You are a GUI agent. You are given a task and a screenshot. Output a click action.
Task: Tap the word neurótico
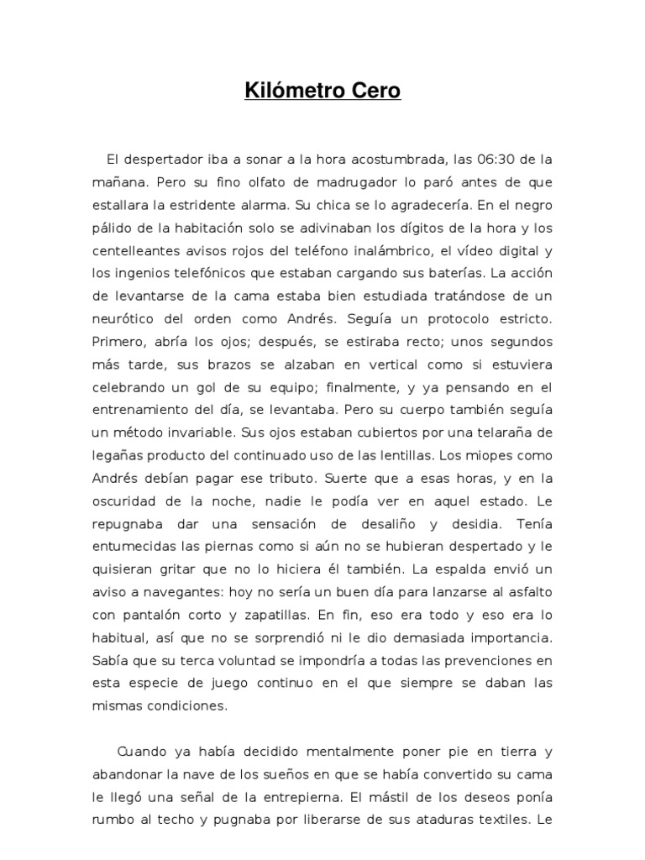[x=122, y=319]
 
